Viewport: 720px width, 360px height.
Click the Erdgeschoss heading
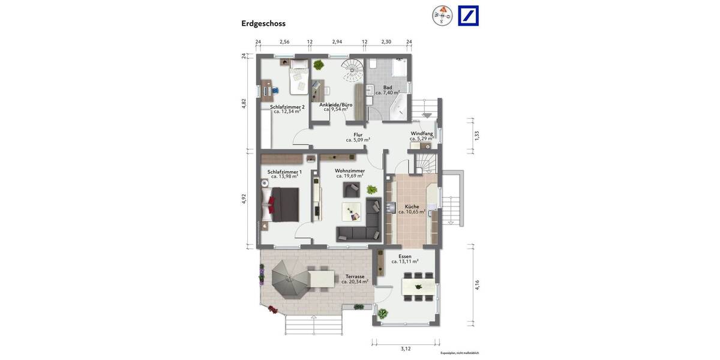coord(263,24)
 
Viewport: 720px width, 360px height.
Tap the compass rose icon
coord(442,16)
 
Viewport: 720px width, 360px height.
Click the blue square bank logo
coord(469,16)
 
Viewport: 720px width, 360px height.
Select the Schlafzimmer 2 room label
coord(287,107)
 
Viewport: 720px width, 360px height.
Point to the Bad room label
coord(388,88)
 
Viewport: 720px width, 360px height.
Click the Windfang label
coord(422,133)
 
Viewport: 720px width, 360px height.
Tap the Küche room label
coord(412,206)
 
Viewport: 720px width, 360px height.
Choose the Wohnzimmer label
coord(350,171)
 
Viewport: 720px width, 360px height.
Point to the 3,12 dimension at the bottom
coord(406,348)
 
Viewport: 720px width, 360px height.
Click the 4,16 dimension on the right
coord(477,286)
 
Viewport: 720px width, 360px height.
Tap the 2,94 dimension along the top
coord(337,42)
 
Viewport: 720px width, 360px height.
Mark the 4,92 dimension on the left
coord(244,199)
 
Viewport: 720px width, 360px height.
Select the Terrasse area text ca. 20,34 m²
coord(355,281)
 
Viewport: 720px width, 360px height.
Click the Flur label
coord(358,135)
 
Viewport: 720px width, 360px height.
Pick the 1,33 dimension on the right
coord(477,136)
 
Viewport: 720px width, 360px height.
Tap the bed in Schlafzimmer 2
coord(298,80)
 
